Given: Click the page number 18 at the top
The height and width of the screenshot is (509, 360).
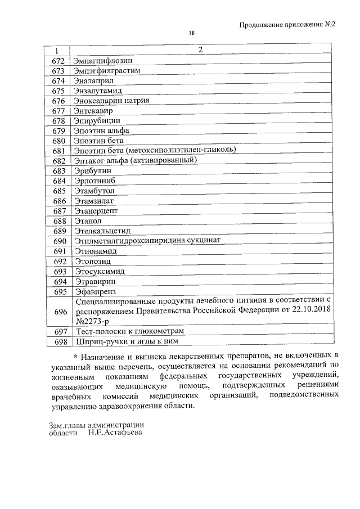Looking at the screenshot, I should (x=191, y=34).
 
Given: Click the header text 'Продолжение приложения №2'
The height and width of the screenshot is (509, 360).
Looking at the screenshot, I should (x=287, y=24).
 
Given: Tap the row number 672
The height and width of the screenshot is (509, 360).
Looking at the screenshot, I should (x=59, y=60).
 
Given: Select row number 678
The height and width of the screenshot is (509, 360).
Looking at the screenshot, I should (x=59, y=121).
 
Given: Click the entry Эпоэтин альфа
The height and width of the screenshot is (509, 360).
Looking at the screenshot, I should (x=101, y=131).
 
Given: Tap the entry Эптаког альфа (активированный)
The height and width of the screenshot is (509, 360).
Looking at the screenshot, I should (x=135, y=160).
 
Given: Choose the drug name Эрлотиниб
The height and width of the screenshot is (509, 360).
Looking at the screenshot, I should (x=95, y=181).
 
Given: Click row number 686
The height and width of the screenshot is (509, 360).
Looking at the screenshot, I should (x=59, y=201).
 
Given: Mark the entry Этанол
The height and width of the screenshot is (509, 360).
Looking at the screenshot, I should (x=88, y=221).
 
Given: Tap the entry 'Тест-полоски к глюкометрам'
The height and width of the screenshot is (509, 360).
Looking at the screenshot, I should (x=129, y=332).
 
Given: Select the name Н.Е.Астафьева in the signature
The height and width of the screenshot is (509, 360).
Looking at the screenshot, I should (x=115, y=433).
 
